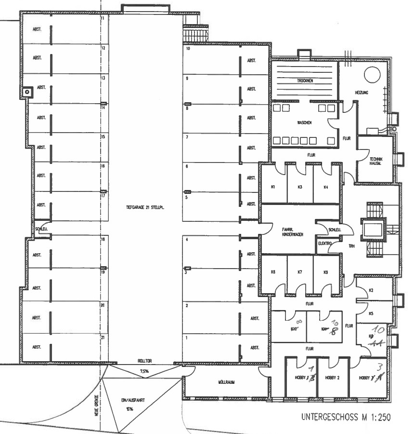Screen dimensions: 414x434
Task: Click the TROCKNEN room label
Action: coord(305,81)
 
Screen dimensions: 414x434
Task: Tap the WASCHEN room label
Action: coord(304,122)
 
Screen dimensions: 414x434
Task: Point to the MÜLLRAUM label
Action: coord(226,382)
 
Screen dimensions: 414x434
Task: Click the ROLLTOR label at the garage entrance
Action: coord(144,361)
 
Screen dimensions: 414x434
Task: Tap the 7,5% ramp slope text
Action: coord(144,371)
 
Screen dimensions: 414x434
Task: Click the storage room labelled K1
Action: coord(273,187)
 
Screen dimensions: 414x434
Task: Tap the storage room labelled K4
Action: coord(326,187)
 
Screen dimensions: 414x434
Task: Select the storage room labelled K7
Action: coord(299,272)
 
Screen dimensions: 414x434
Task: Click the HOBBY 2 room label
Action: coord(332,378)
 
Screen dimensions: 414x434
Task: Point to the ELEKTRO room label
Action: coord(325,244)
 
